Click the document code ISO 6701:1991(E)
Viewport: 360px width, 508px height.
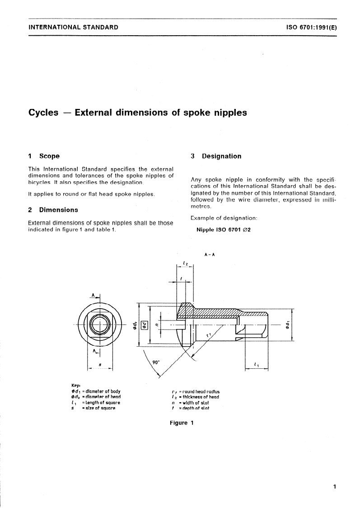click(x=311, y=27)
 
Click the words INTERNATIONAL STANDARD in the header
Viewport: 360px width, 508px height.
click(x=73, y=27)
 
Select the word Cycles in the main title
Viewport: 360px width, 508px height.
click(x=43, y=113)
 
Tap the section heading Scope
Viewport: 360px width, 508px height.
click(x=49, y=156)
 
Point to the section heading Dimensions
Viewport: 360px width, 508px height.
click(x=58, y=210)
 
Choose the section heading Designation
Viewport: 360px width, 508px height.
click(x=221, y=156)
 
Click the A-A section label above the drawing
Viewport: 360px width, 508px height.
click(x=209, y=254)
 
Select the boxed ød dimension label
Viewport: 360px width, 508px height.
click(x=145, y=325)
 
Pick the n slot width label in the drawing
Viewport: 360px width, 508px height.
click(x=156, y=325)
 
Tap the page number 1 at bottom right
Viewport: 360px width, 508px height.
click(x=334, y=486)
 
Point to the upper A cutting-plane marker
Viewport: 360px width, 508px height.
click(x=94, y=295)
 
